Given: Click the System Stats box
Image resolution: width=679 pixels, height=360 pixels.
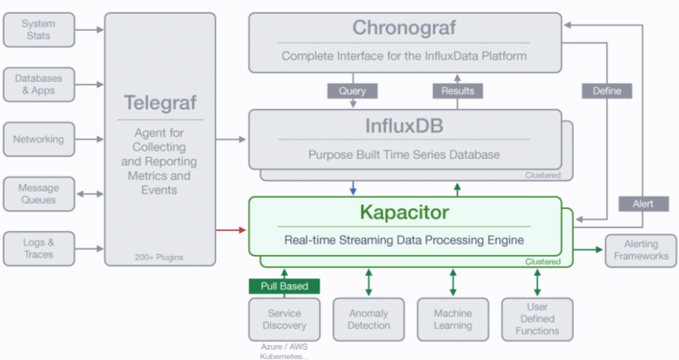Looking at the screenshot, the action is click(39, 30).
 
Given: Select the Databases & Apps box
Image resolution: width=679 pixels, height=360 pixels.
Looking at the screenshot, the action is click(39, 84).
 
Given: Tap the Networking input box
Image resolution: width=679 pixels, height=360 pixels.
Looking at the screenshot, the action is click(39, 139).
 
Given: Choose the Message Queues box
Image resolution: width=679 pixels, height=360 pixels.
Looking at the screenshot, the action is click(39, 194).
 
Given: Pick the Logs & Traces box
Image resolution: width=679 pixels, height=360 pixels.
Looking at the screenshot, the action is click(39, 249).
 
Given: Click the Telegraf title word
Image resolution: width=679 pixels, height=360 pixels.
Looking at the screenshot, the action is click(160, 103).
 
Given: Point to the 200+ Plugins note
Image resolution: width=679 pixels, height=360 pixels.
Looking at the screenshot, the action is click(159, 257).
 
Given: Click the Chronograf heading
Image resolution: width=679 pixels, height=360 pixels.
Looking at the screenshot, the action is click(404, 28).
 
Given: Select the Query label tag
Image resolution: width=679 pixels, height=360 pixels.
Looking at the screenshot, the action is click(353, 91).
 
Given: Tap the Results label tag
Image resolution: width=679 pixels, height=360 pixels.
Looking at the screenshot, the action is click(457, 91).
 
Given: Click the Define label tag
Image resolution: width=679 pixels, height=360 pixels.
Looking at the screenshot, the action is click(607, 91).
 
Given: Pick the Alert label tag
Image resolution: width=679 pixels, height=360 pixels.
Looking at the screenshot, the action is click(644, 204).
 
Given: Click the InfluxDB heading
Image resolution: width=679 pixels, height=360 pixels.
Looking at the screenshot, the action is click(404, 126).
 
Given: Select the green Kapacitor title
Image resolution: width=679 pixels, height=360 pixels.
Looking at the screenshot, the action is click(404, 212).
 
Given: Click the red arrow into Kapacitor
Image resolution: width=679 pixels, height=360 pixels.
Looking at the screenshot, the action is click(230, 230).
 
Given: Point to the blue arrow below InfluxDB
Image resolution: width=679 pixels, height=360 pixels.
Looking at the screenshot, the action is click(353, 188).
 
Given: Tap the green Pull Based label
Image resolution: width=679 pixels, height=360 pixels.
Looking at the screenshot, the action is click(284, 286).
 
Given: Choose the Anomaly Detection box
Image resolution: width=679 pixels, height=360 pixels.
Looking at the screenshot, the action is click(369, 319).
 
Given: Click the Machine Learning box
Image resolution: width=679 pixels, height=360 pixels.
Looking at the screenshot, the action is click(453, 319).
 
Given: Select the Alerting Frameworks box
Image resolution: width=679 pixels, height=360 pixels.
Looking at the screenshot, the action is click(641, 250).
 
